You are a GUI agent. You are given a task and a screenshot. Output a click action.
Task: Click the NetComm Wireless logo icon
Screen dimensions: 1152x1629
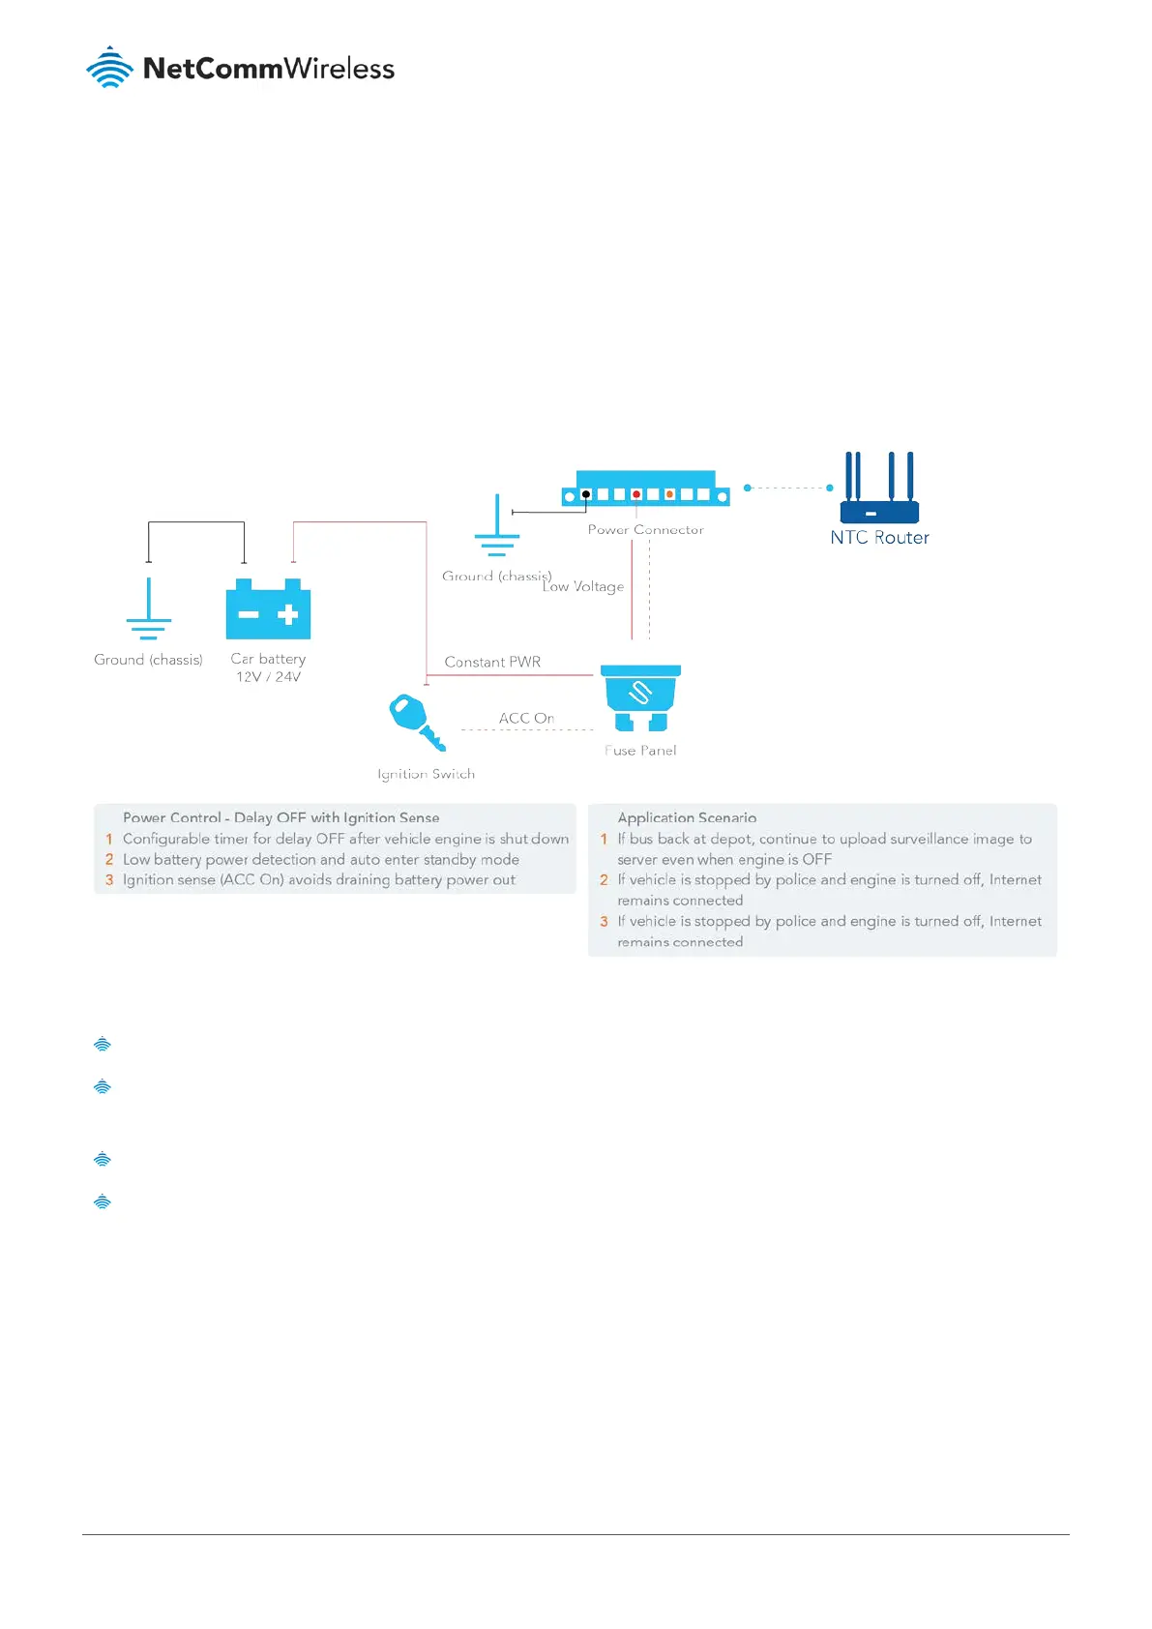coord(109,68)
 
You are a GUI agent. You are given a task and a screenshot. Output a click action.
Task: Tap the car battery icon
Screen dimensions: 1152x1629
coord(268,609)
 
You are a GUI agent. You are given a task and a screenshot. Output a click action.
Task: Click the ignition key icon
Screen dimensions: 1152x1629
coord(416,722)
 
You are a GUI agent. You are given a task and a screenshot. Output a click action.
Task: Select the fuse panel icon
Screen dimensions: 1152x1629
coord(640,697)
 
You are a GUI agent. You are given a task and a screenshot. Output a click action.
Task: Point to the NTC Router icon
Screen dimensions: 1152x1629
coord(879,489)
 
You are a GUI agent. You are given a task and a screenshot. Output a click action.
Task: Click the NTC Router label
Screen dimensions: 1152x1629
coord(879,538)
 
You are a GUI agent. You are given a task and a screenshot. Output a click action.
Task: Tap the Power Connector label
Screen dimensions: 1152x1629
coord(645,530)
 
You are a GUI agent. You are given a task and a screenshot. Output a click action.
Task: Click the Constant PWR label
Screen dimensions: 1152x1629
coord(492,663)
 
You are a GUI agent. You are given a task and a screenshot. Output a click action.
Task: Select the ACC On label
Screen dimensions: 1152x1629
coord(526,718)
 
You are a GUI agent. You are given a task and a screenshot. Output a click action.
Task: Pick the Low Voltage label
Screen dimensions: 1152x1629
coord(583,587)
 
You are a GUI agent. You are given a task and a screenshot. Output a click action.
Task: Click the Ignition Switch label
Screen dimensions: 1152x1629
coord(426,774)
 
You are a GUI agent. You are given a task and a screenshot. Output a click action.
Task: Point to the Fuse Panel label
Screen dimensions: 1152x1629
coord(640,751)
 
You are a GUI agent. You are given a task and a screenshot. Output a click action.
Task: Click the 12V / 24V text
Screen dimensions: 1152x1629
coord(268,677)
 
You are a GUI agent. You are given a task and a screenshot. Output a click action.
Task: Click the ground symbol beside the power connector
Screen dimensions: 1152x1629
coord(496,527)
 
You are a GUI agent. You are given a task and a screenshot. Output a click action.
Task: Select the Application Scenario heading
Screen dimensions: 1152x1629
coord(687,818)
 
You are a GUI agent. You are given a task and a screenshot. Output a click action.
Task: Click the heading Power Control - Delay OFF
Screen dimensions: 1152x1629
coord(281,818)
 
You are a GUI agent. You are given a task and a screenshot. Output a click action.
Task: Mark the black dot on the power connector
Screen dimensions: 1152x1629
coord(585,494)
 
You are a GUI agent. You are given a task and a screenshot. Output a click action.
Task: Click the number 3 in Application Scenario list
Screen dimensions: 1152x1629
coord(604,922)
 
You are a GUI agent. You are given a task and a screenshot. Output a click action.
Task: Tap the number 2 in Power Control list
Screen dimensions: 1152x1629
coord(109,860)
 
